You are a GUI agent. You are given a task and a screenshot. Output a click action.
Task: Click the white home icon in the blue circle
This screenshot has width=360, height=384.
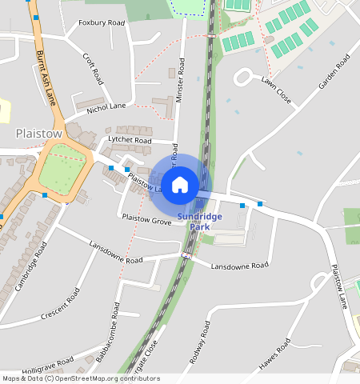[180, 184]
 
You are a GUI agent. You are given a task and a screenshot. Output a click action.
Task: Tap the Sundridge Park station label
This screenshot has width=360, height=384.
[195, 222]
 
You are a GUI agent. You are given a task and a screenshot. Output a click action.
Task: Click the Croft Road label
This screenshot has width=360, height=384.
[94, 69]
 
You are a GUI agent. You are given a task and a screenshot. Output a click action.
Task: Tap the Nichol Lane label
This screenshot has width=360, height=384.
[106, 106]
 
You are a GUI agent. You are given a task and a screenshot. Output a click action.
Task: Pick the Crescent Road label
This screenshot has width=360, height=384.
[62, 305]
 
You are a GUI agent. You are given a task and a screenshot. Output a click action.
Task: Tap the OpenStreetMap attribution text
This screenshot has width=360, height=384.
[81, 378]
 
